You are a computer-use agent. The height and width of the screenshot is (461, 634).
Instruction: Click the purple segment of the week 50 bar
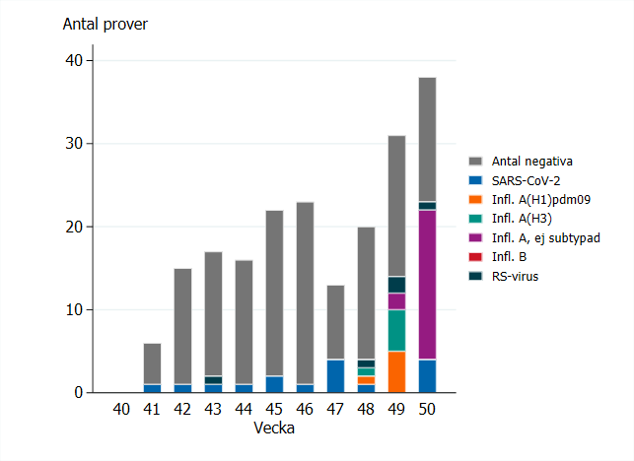pyautogui.click(x=427, y=285)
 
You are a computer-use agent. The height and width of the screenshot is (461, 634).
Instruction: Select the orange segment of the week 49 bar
pyautogui.click(x=396, y=371)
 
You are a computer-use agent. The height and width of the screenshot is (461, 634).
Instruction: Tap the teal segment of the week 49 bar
pyautogui.click(x=396, y=330)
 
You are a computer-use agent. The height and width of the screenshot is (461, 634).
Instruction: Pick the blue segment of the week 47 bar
pyautogui.click(x=335, y=375)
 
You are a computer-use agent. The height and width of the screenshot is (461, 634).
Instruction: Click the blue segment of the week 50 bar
pyautogui.click(x=427, y=375)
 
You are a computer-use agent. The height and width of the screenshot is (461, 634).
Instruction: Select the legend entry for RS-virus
pyautogui.click(x=511, y=276)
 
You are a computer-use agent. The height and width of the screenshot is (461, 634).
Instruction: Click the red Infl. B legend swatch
pyautogui.click(x=474, y=257)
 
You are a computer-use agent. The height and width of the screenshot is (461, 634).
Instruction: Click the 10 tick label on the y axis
pyautogui.click(x=75, y=309)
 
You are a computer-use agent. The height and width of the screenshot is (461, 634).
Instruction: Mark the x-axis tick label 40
pyautogui.click(x=121, y=409)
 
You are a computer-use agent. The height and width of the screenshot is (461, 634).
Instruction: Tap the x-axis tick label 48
pyautogui.click(x=366, y=409)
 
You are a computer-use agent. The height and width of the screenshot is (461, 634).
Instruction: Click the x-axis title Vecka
pyautogui.click(x=274, y=428)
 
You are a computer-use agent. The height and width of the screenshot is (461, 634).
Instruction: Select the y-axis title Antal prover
pyautogui.click(x=106, y=24)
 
